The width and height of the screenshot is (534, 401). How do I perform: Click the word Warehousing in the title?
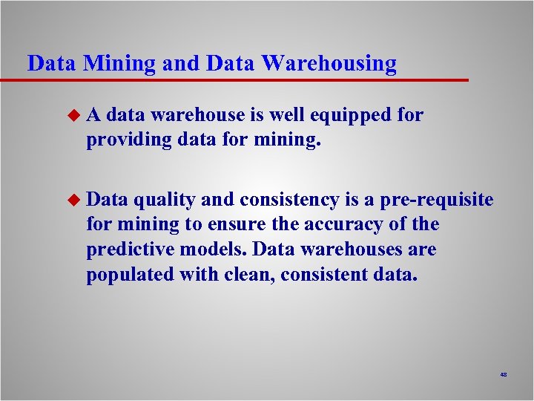tap(329, 64)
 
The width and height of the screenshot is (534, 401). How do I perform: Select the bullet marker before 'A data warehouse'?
tap(72, 115)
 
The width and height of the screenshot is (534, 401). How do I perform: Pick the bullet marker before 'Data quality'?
tap(72, 199)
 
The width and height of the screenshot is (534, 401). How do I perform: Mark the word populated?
tap(130, 275)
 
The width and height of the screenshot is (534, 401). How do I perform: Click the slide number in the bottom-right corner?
tap(504, 375)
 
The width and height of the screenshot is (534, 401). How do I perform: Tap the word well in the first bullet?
tap(286, 115)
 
